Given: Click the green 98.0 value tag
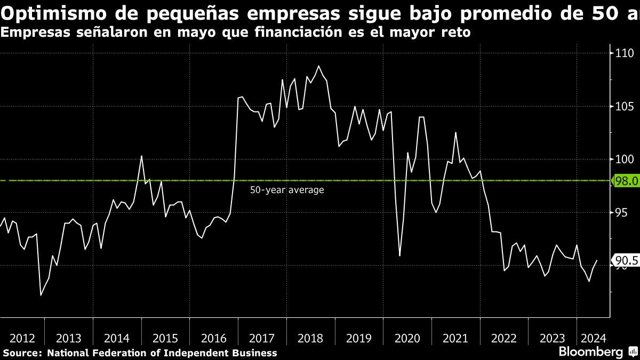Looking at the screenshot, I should pos(626,181).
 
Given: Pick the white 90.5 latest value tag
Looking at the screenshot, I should pos(626,261).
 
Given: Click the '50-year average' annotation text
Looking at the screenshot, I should pos(287,190).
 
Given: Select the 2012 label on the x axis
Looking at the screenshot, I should pos(22,338).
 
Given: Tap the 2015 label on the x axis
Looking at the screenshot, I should pos(165,338).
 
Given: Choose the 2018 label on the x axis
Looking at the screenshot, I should pos(310,338).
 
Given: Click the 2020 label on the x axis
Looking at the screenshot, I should pos(407,338).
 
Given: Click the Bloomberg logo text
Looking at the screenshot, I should pos(590,352).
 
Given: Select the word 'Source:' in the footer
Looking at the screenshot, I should pos(23,353).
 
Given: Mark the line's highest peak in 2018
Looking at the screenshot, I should pos(319,66).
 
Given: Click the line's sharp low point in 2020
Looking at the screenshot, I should pos(400,256).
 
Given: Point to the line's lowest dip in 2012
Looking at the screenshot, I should pos(41,294).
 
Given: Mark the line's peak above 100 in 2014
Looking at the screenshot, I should pos(141,156).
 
